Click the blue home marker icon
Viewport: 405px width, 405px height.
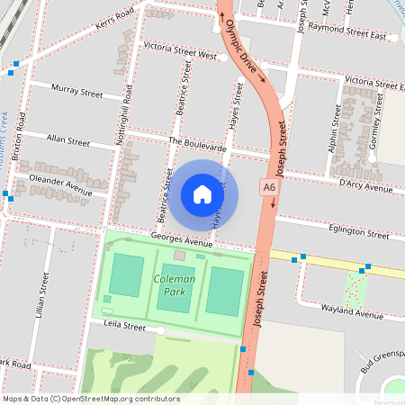pyautogui.click(x=202, y=194)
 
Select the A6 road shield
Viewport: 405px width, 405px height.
pyautogui.click(x=268, y=187)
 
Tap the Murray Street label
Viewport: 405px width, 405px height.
pyautogui.click(x=77, y=92)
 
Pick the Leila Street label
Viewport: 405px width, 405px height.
pyautogui.click(x=124, y=325)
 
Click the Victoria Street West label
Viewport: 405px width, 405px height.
pyautogui.click(x=180, y=56)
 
